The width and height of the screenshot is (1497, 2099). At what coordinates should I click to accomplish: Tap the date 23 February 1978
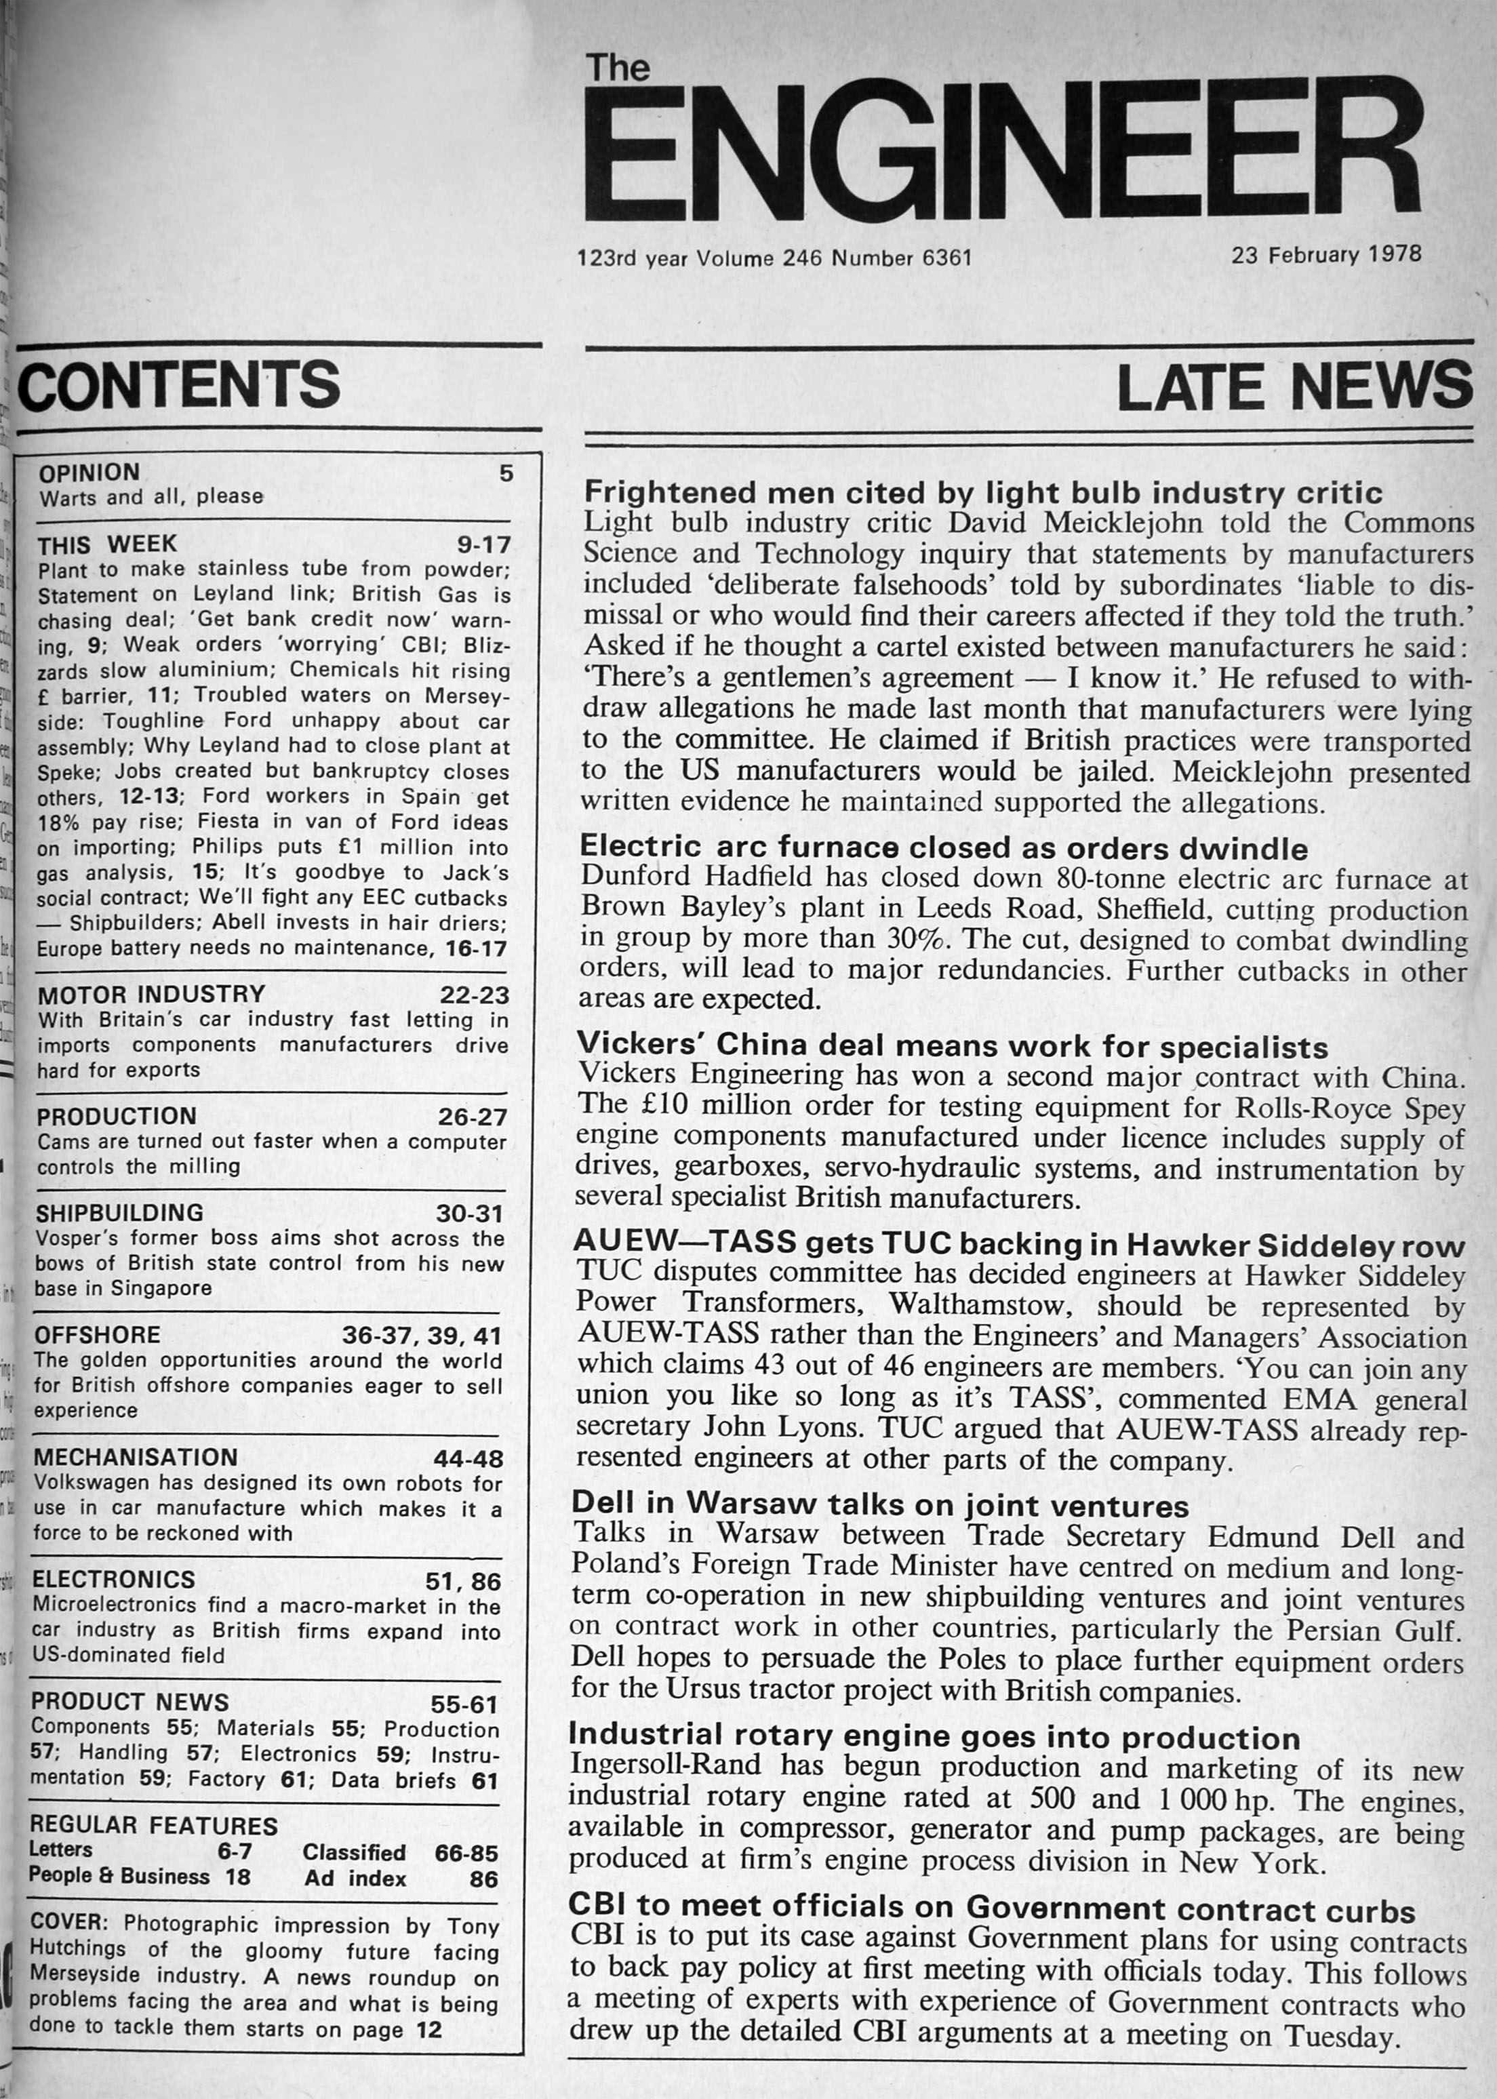[1325, 254]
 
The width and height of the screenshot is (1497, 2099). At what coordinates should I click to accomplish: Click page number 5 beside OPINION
[505, 474]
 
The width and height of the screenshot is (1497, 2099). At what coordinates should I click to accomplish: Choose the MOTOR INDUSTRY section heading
[151, 994]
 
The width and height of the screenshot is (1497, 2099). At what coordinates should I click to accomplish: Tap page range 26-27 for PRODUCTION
[472, 1117]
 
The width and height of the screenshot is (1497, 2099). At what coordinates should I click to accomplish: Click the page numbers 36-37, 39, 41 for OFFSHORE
[422, 1336]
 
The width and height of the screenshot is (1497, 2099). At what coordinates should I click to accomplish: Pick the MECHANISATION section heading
[136, 1458]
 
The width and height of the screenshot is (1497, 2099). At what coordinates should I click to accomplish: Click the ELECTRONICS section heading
[113, 1579]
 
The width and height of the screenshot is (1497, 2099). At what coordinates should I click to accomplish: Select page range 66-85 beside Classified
[466, 1853]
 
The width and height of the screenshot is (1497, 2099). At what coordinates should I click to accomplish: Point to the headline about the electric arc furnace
[944, 847]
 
